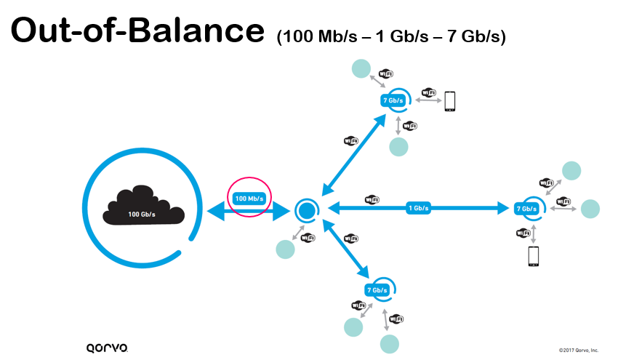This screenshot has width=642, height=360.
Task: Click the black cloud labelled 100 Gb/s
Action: click(143, 206)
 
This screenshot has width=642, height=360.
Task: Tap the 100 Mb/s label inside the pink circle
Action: click(249, 199)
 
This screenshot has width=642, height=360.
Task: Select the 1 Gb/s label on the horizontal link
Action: click(419, 208)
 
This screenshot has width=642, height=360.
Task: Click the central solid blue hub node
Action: click(307, 210)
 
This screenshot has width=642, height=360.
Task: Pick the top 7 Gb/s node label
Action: click(393, 100)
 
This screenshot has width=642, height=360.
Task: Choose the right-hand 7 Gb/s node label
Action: click(526, 209)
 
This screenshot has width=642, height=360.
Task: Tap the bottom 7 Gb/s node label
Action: click(377, 290)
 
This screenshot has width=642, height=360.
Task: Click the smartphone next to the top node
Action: click(449, 101)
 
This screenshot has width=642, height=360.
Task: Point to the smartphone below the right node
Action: click(533, 257)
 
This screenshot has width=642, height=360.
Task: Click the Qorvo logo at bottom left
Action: click(107, 348)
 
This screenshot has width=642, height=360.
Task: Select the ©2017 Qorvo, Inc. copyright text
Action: click(578, 350)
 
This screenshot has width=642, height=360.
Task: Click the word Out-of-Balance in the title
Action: click(137, 31)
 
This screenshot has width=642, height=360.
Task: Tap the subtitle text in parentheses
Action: click(391, 36)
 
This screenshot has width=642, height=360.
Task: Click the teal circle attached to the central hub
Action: click(286, 249)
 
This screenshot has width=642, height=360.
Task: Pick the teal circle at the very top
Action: click(361, 68)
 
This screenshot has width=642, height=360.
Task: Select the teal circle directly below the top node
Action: click(398, 147)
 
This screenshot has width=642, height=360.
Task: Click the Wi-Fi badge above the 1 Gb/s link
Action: click(372, 200)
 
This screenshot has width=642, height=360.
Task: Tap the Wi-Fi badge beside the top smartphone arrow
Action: click(429, 92)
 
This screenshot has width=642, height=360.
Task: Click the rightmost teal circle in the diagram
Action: click(590, 209)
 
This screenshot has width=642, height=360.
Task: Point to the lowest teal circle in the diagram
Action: click(390, 344)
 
